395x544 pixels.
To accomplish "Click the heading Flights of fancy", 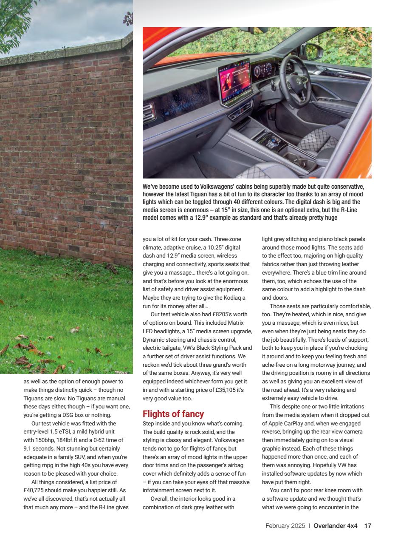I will point(173,414).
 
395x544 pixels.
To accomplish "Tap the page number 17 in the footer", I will point(368,526).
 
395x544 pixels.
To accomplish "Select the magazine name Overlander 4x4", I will point(336,526).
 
